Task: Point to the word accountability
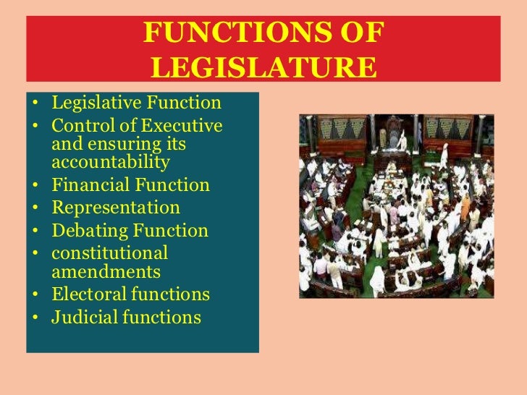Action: click(x=111, y=161)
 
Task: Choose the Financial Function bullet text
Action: click(x=130, y=185)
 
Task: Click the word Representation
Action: click(x=116, y=208)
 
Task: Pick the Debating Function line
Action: click(x=130, y=231)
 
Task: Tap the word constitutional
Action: click(x=109, y=253)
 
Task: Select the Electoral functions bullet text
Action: click(x=130, y=294)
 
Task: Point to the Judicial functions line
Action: click(x=126, y=317)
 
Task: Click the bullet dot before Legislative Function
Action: click(x=35, y=104)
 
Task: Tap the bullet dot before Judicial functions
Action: click(x=35, y=318)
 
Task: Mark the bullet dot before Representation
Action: click(x=35, y=208)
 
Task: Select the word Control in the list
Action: click(x=76, y=126)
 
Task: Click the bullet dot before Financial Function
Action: click(x=35, y=186)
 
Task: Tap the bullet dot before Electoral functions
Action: click(x=35, y=295)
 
